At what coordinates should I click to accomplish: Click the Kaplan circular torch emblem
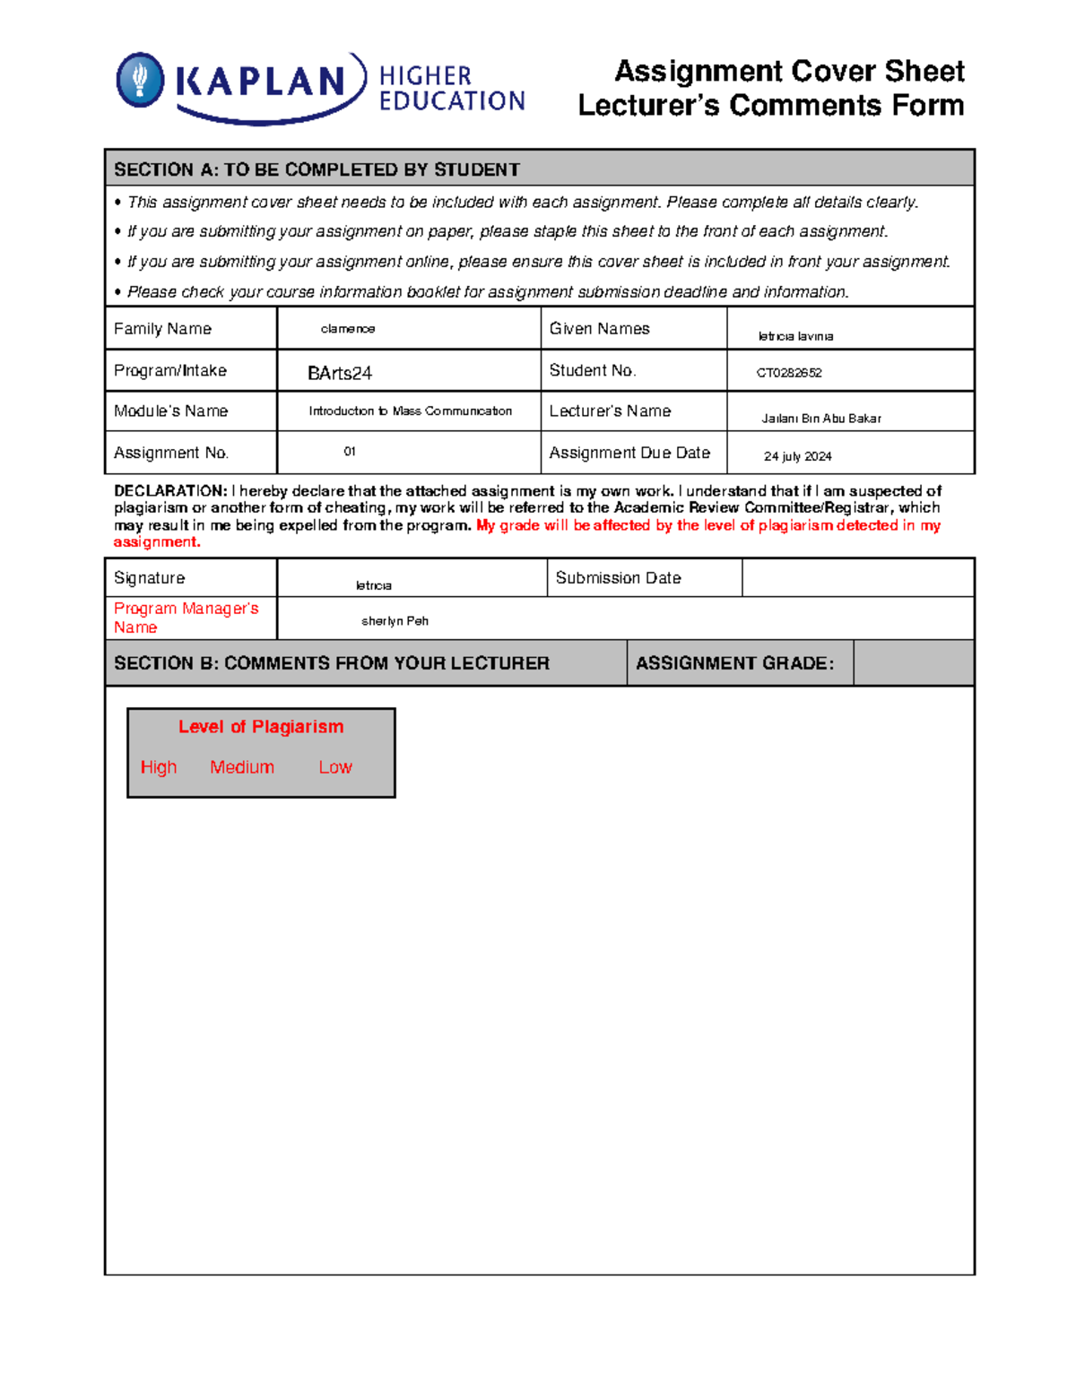click(140, 81)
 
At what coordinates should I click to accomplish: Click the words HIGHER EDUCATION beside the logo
click(451, 89)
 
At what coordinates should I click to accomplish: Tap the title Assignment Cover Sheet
click(789, 71)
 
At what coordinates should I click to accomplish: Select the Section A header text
click(317, 169)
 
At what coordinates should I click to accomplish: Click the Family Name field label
click(162, 329)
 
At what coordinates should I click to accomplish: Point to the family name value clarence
click(348, 329)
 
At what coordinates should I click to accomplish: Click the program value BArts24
click(339, 373)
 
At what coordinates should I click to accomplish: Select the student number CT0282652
click(789, 373)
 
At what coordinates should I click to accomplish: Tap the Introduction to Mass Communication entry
click(410, 411)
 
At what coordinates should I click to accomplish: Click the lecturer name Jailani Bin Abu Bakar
click(820, 419)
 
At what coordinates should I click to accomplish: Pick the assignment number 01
click(350, 452)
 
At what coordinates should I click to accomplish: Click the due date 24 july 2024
click(797, 456)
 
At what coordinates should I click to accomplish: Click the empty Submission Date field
click(857, 578)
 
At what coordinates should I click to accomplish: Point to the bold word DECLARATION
click(170, 491)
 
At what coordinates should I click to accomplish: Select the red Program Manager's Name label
click(186, 618)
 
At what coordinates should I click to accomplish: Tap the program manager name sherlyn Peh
click(395, 621)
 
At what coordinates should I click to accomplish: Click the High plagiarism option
click(159, 767)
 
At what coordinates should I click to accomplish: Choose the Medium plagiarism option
click(242, 767)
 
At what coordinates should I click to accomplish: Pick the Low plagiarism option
click(335, 767)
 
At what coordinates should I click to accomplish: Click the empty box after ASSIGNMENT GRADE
click(913, 663)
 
